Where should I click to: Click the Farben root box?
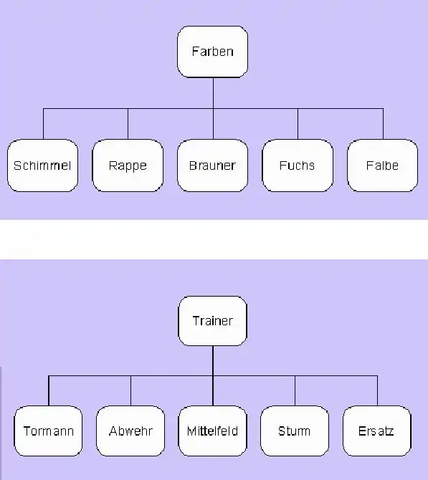pyautogui.click(x=213, y=52)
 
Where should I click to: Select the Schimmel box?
pyautogui.click(x=42, y=165)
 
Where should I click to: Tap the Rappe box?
pyautogui.click(x=128, y=165)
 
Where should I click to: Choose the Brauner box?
pyautogui.click(x=213, y=165)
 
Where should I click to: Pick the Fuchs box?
pyautogui.click(x=298, y=165)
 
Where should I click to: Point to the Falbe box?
pyautogui.click(x=383, y=165)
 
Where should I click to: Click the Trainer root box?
pyautogui.click(x=213, y=321)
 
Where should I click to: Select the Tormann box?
pyautogui.click(x=49, y=431)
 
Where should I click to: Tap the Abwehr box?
pyautogui.click(x=130, y=431)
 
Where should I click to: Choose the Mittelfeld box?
pyautogui.click(x=213, y=431)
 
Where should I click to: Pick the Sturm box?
pyautogui.click(x=295, y=431)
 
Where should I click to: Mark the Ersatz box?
pyautogui.click(x=377, y=431)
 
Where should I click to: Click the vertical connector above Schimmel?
pyautogui.click(x=43, y=124)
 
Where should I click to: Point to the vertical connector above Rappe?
pyautogui.click(x=128, y=124)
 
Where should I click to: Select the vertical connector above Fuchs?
pyautogui.click(x=298, y=124)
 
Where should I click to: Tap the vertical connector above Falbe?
pyautogui.click(x=383, y=124)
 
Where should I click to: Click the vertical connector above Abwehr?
pyautogui.click(x=130, y=391)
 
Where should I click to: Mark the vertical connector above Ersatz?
pyautogui.click(x=377, y=391)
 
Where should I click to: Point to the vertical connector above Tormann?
pyautogui.click(x=49, y=391)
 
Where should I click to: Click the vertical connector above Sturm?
pyautogui.click(x=295, y=391)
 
